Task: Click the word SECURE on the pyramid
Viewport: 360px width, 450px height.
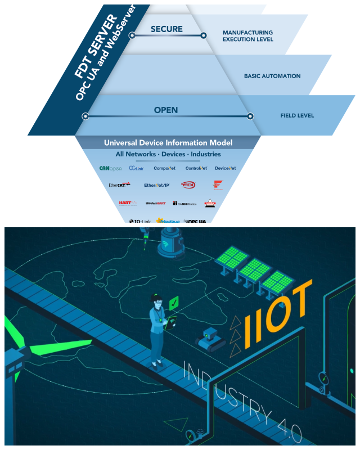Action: click(167, 28)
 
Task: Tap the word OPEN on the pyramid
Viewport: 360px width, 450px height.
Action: click(166, 110)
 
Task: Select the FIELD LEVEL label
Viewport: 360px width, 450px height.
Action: click(297, 116)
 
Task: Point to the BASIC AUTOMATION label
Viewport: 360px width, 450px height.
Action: click(272, 76)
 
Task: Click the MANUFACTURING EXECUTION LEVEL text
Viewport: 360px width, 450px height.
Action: click(247, 36)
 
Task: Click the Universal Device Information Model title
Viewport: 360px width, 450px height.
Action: click(168, 143)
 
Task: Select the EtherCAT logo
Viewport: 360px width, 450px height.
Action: click(119, 184)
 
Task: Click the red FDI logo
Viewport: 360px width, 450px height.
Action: click(188, 184)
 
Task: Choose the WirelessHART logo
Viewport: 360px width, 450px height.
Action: click(155, 203)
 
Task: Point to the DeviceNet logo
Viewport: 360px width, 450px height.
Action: click(226, 168)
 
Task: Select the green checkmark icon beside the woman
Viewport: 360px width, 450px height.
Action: click(174, 302)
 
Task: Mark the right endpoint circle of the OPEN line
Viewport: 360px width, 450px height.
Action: click(250, 116)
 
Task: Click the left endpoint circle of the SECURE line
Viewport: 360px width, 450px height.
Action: click(132, 35)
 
